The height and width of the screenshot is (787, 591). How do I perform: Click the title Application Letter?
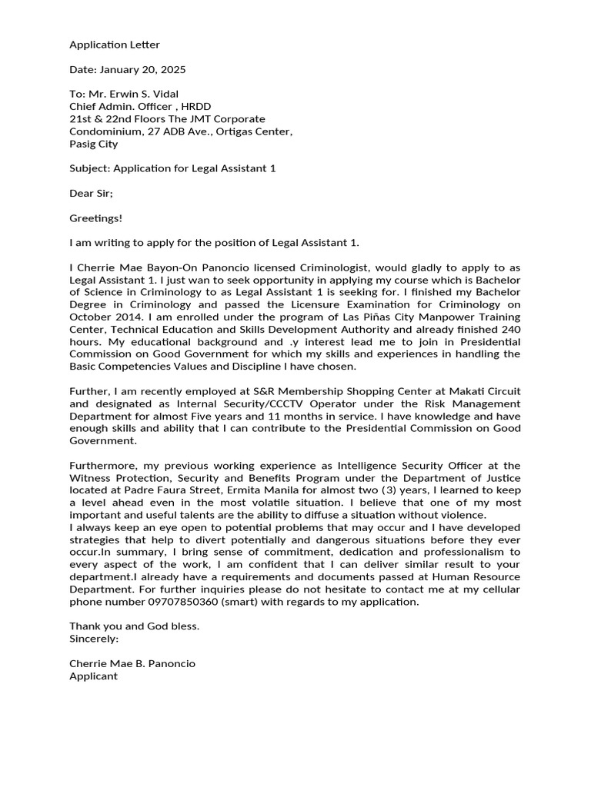115,45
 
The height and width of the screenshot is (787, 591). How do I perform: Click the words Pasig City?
94,144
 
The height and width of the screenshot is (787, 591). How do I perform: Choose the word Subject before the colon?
88,168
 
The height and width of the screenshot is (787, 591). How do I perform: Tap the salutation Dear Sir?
91,193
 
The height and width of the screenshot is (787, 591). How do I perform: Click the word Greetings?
95,218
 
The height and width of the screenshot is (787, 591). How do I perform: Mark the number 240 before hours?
504,329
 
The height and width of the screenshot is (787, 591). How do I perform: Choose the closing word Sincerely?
94,639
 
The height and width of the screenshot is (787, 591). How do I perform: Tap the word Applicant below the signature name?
94,676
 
